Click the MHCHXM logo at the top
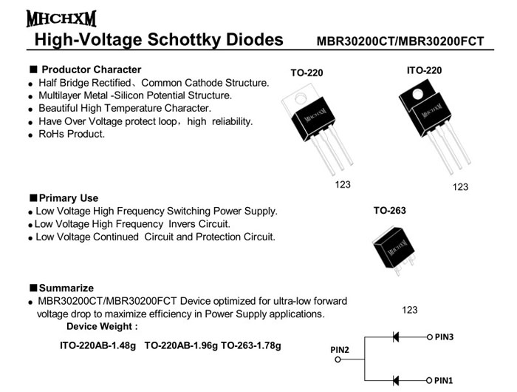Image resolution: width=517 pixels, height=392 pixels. (61, 17)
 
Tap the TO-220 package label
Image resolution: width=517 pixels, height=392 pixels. (307, 73)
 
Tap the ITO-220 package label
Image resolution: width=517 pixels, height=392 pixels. (424, 70)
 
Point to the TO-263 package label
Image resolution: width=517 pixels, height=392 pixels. (389, 211)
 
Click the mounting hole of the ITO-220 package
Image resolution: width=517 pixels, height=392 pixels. (416, 95)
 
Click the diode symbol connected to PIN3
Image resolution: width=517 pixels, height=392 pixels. (395, 337)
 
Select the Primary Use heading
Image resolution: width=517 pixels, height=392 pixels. (68, 198)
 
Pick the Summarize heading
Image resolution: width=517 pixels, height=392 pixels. (66, 288)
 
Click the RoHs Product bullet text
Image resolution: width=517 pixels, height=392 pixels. (71, 134)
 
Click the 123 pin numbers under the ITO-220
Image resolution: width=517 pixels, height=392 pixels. (460, 187)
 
